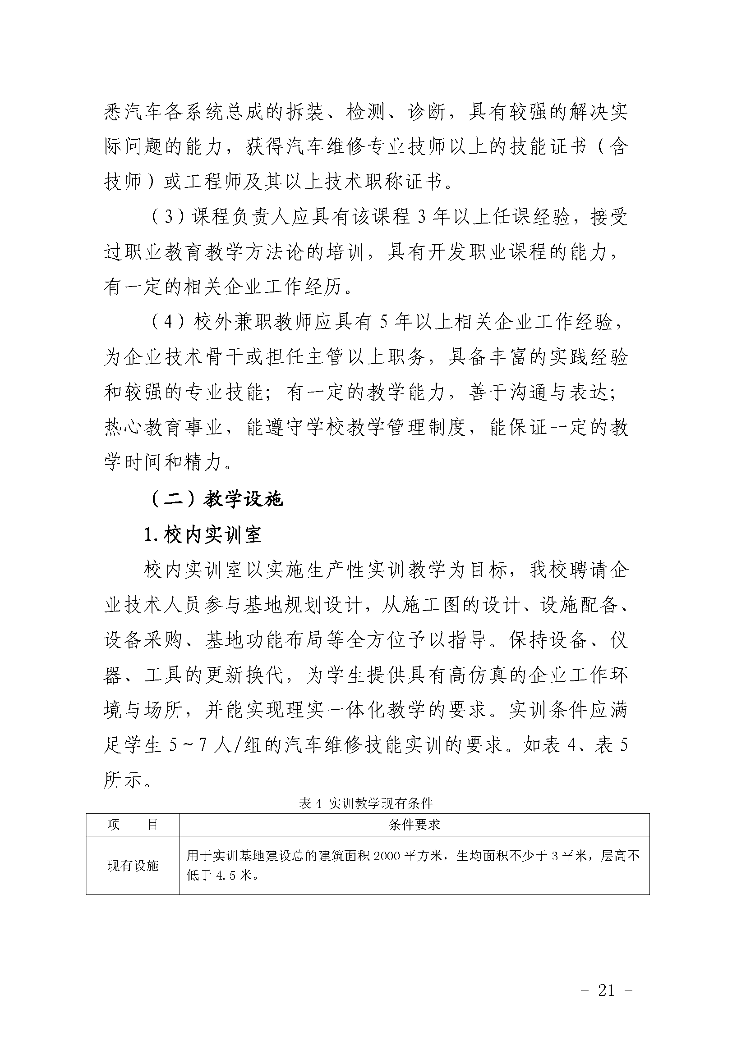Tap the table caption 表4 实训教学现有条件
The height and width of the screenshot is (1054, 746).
point(366,803)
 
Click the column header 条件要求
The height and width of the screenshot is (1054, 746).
point(414,825)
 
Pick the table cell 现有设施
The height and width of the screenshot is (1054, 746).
point(133,866)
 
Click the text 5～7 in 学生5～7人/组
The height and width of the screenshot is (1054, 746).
point(188,745)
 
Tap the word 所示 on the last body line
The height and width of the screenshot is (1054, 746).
point(123,780)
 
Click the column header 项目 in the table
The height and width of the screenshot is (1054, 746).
point(133,825)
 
